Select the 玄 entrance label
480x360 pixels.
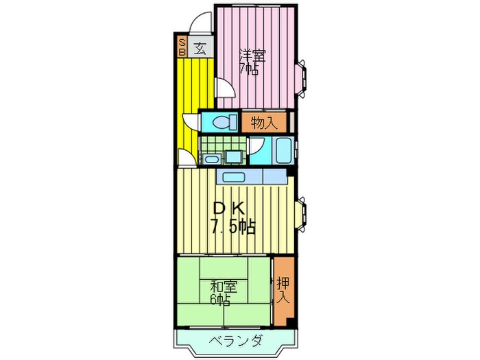coord(200,48)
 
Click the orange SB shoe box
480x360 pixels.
coord(182,45)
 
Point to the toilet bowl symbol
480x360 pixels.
coord(221,123)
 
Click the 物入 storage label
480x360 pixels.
coord(264,123)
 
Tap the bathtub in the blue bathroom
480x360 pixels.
coord(281,149)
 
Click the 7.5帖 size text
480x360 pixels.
coord(233,227)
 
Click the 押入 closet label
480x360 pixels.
coord(283,289)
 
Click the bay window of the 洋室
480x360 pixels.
coord(302,75)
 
